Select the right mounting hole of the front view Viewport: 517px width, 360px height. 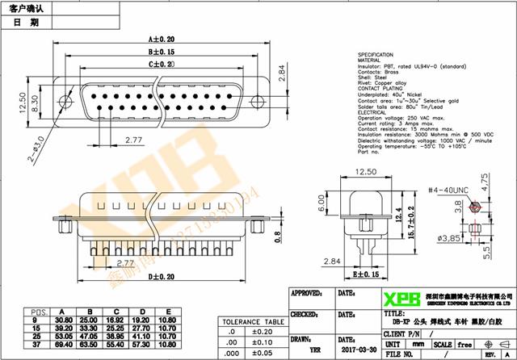pyautogui.click(x=258, y=103)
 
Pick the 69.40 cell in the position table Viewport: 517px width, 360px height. pyautogui.click(x=63, y=345)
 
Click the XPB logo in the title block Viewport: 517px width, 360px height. pyautogui.click(x=401, y=299)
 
